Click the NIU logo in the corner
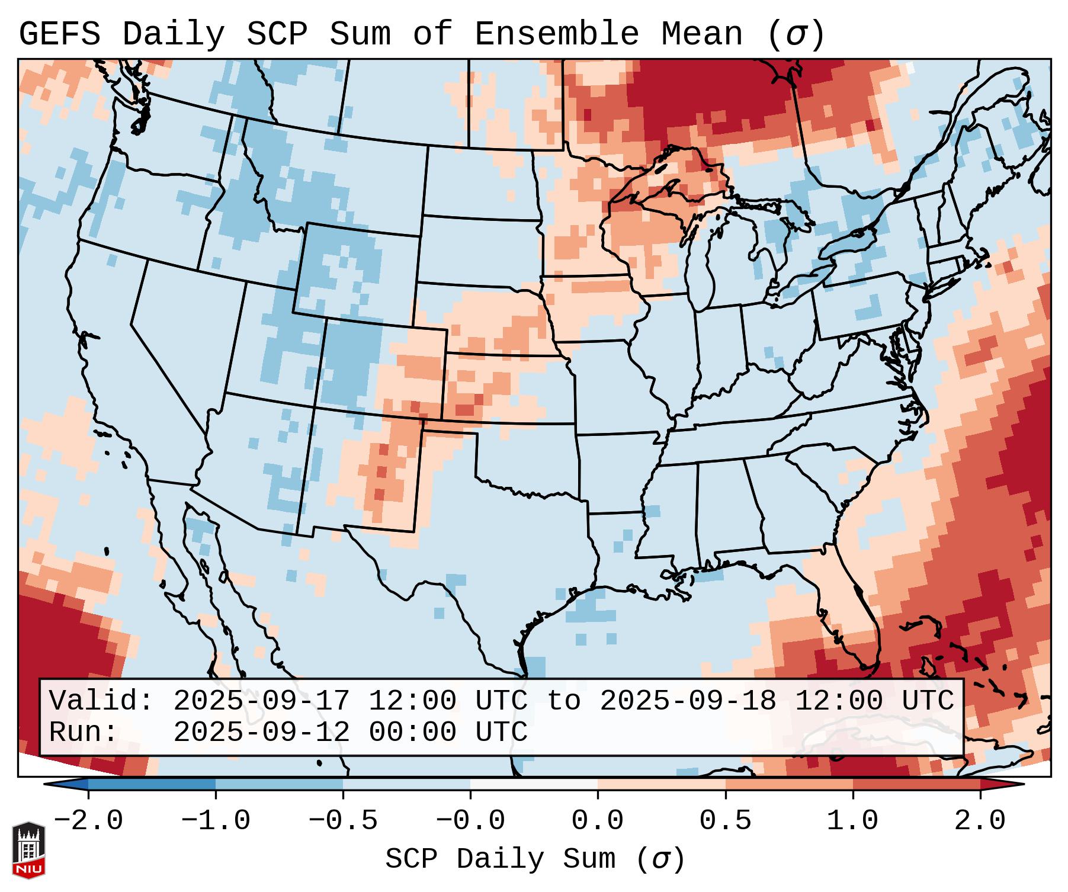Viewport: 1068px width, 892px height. [x=28, y=850]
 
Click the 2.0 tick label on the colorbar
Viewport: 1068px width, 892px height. [x=980, y=820]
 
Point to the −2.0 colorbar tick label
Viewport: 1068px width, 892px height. [x=88, y=820]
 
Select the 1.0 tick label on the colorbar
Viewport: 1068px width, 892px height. [x=852, y=820]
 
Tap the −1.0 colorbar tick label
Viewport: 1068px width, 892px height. [x=216, y=820]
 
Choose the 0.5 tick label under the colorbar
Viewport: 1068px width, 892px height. [x=725, y=820]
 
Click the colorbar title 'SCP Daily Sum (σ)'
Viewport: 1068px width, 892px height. [x=535, y=859]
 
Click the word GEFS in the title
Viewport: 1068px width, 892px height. [x=59, y=34]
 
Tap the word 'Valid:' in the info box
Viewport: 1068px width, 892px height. [x=101, y=701]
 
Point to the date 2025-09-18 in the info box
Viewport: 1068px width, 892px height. [x=688, y=701]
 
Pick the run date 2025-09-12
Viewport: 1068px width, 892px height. [x=261, y=732]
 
